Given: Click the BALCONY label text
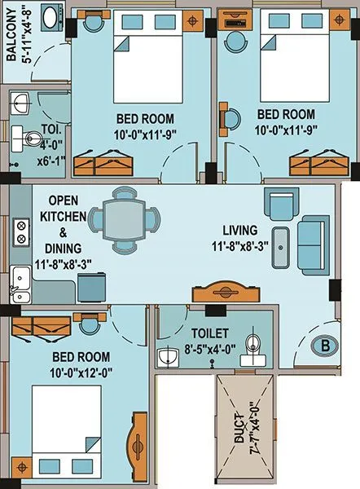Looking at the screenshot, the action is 11,34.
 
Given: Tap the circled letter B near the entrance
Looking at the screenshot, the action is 325,346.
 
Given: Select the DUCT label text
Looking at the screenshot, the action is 239,429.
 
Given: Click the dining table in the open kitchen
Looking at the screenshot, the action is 125,220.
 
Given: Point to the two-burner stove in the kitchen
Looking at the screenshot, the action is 21,231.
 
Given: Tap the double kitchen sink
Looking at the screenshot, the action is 20,284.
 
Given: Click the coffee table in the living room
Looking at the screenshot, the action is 280,248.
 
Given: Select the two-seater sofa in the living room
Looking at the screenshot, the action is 313,245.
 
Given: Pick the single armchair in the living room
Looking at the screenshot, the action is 282,205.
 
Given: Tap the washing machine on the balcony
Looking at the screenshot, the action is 52,19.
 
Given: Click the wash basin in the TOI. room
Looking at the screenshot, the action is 20,103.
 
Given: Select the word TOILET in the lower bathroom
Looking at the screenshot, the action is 210,333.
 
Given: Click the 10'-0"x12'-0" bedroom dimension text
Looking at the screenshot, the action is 81,372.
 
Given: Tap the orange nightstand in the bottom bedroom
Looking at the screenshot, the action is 21,468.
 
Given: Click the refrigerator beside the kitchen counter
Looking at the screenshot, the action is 91,287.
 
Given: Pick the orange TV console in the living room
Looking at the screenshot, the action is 226,292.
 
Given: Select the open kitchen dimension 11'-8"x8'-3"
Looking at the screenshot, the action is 63,265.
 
